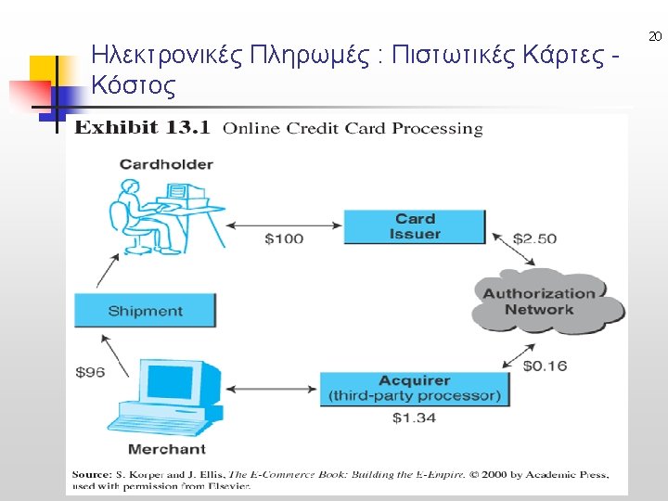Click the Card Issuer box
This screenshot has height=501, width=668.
pyautogui.click(x=415, y=226)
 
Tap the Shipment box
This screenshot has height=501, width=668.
pyautogui.click(x=145, y=311)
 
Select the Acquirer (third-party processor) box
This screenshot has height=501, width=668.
pyautogui.click(x=415, y=389)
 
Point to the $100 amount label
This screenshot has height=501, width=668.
pyautogui.click(x=284, y=239)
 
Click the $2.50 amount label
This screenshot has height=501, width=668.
pyautogui.click(x=534, y=238)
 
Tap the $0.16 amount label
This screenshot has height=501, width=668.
pyautogui.click(x=545, y=366)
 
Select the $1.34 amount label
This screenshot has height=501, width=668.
pyautogui.click(x=414, y=418)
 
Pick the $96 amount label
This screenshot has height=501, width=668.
pyautogui.click(x=90, y=372)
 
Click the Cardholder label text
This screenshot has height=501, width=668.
pyautogui.click(x=166, y=164)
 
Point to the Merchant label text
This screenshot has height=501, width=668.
pyautogui.click(x=166, y=449)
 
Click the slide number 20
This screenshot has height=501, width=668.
pyautogui.click(x=655, y=37)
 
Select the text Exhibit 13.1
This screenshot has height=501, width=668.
pyautogui.click(x=142, y=127)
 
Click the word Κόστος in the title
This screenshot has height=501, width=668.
pyautogui.click(x=134, y=87)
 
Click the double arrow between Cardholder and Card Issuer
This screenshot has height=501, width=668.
pyautogui.click(x=285, y=224)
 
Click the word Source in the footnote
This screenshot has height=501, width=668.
pyautogui.click(x=92, y=474)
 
